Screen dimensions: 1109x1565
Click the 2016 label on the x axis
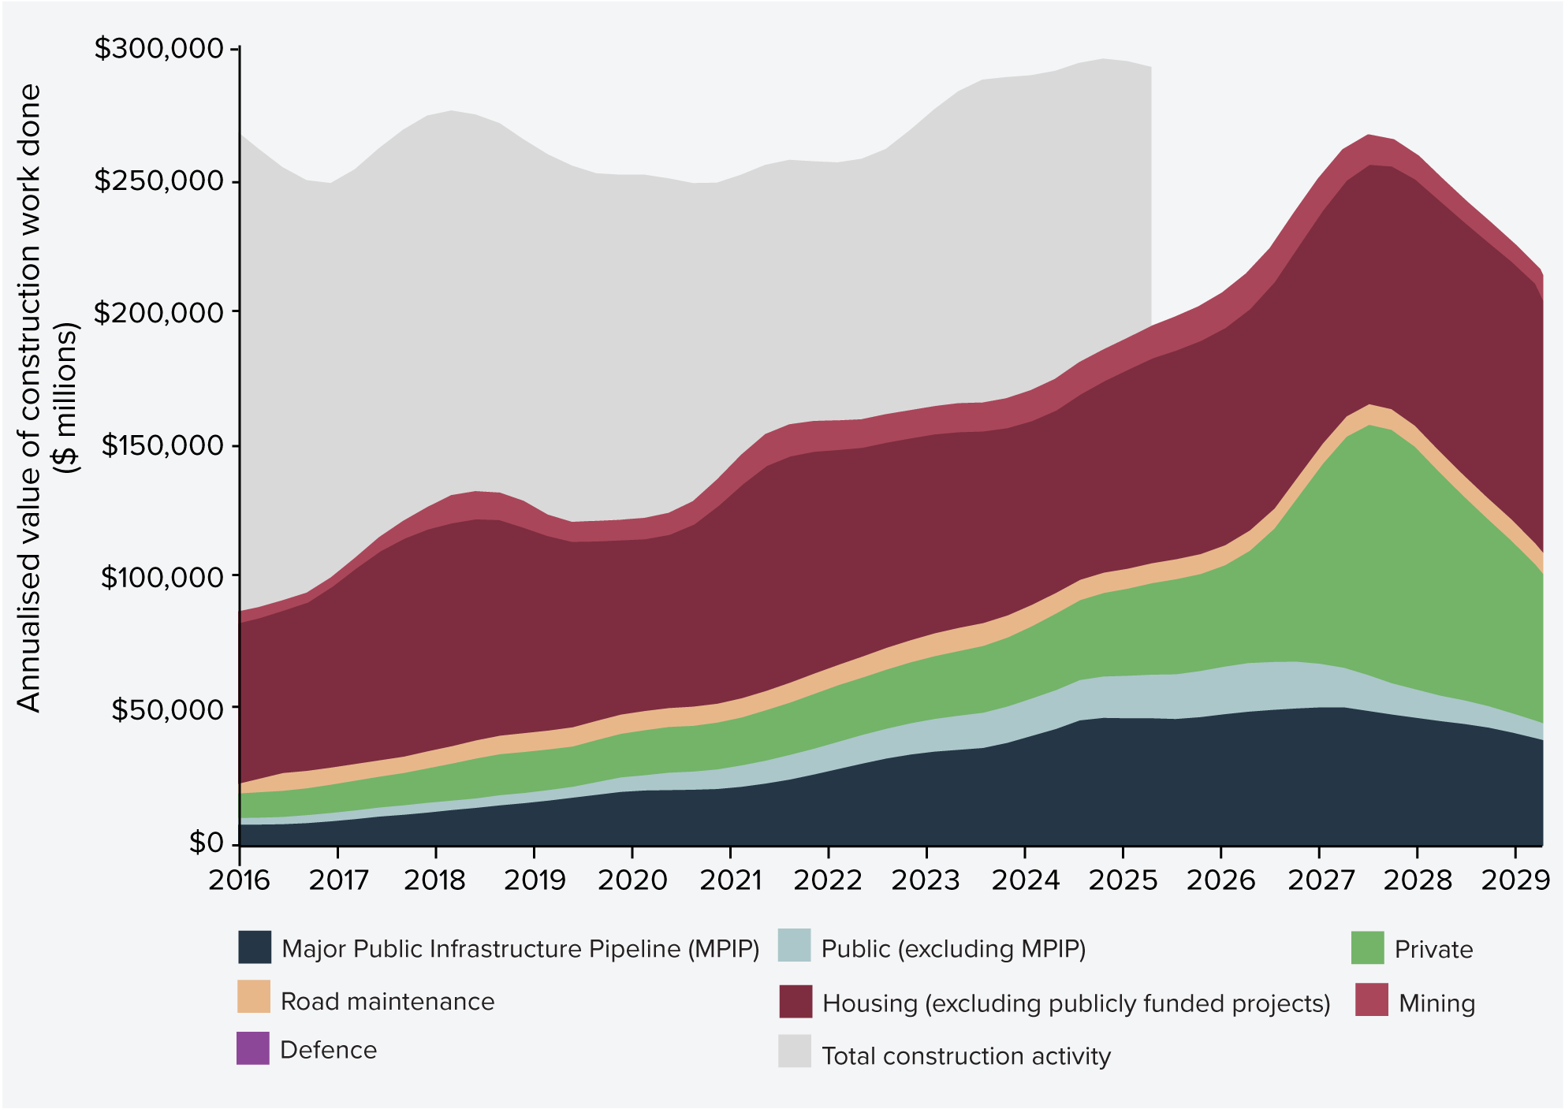pos(239,880)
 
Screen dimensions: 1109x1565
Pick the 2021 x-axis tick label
pos(730,880)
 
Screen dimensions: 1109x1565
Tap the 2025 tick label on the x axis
pos(1123,880)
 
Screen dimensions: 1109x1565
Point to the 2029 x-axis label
pos(1515,880)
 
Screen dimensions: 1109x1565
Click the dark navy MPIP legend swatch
pos(255,947)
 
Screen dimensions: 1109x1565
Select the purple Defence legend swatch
pos(253,1048)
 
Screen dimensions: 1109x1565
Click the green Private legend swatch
pos(1367,947)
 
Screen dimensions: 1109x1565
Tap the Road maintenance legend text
pos(387,1001)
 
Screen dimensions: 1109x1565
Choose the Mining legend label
pos(1436,1003)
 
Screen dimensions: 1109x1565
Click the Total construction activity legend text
pos(966,1055)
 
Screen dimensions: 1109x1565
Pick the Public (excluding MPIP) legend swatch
pos(794,946)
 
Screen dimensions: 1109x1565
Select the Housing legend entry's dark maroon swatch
pos(795,1001)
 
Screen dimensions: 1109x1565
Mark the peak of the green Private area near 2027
pos(1369,426)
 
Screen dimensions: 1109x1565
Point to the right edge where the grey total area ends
pos(1150,197)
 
